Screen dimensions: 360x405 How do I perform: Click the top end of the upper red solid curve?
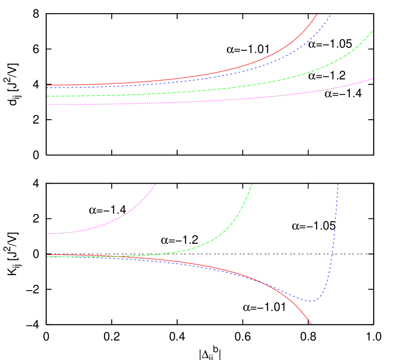point(317,15)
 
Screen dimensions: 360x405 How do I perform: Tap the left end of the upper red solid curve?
point(47,85)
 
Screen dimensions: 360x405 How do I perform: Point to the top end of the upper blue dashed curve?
point(331,15)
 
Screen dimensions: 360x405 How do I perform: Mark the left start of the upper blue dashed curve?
point(47,88)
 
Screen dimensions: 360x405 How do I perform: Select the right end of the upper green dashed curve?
point(373,31)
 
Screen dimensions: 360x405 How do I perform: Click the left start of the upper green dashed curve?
point(47,96)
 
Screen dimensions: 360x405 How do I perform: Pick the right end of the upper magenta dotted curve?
point(373,78)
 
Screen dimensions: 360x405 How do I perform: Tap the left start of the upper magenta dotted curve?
point(47,105)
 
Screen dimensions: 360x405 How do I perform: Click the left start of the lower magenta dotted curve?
point(47,234)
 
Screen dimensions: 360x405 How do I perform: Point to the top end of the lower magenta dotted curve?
point(155,184)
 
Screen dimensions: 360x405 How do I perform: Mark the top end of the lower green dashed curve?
point(252,184)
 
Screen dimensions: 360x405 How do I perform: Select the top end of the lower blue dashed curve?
point(338,184)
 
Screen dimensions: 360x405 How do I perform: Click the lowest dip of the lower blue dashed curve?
point(311,301)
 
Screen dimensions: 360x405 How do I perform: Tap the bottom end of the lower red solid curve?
point(311,324)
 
